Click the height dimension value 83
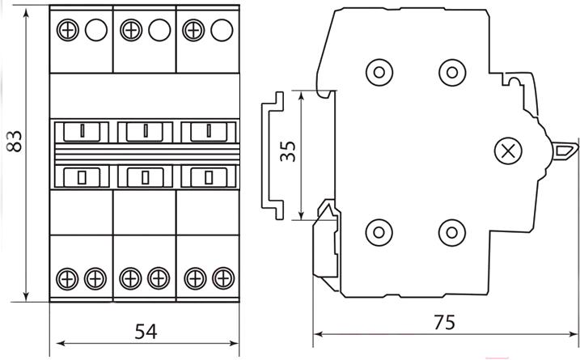pyautogui.click(x=15, y=141)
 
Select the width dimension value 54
pyautogui.click(x=146, y=332)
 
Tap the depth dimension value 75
pyautogui.click(x=444, y=322)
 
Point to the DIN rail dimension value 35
pyautogui.click(x=288, y=151)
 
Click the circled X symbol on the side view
pyautogui.click(x=508, y=151)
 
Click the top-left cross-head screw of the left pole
pyautogui.click(x=68, y=30)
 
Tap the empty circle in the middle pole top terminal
pyautogui.click(x=159, y=30)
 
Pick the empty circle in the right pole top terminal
pyautogui.click(x=222, y=30)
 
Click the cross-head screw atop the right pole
pyautogui.click(x=193, y=30)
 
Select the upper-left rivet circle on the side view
pyautogui.click(x=379, y=72)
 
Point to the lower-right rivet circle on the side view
pyautogui.click(x=452, y=232)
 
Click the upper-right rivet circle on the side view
pyautogui.click(x=452, y=72)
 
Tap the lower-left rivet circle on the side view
pyautogui.click(x=379, y=232)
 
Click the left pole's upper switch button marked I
pyautogui.click(x=82, y=132)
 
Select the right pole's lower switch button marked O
pyautogui.click(x=209, y=177)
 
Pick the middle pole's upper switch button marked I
pyautogui.click(x=145, y=132)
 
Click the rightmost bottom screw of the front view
pyautogui.click(x=223, y=278)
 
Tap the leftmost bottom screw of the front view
pyautogui.click(x=67, y=278)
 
